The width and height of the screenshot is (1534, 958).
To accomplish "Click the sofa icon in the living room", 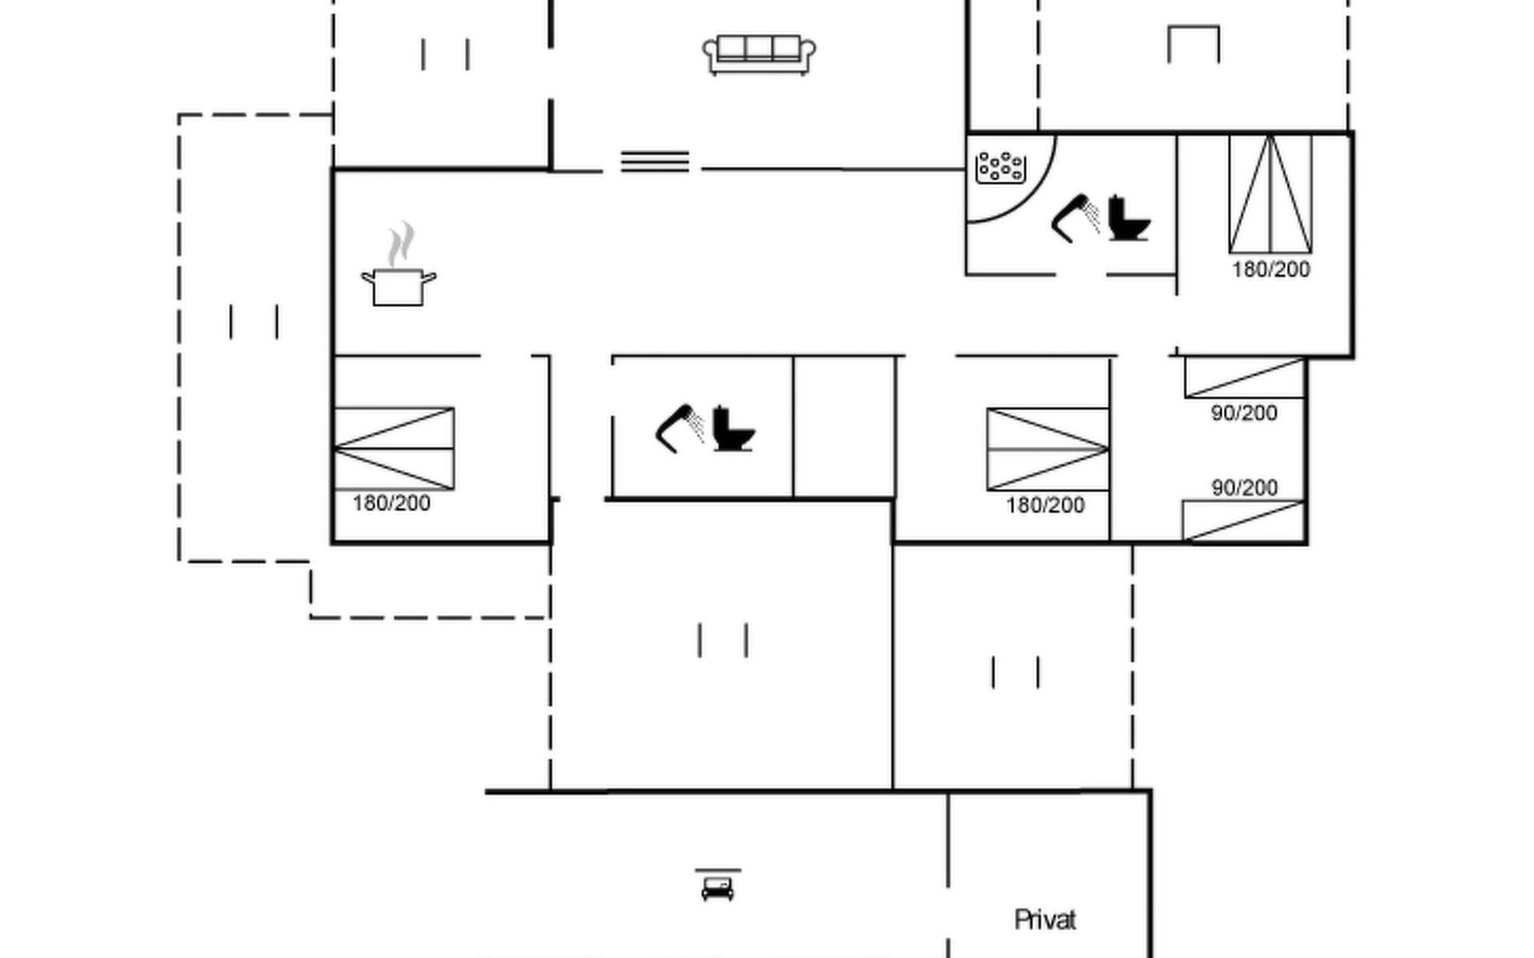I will tap(759, 54).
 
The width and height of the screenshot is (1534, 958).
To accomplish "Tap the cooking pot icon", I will tap(398, 286).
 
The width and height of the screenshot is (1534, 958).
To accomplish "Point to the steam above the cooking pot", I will tap(402, 243).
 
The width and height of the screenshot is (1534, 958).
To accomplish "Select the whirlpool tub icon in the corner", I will tap(1000, 167).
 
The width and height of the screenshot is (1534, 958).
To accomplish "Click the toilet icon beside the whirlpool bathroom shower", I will tap(1128, 218).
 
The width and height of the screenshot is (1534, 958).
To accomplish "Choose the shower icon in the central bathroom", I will tap(679, 430).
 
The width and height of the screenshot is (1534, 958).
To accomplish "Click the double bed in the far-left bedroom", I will tap(394, 449).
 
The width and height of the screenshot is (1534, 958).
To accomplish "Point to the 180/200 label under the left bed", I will tap(391, 504).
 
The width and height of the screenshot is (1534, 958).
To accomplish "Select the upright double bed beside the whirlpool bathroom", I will tap(1270, 195).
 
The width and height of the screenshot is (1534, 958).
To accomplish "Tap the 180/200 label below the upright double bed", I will tap(1271, 270).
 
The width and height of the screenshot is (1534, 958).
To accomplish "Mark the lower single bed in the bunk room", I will tap(1243, 521).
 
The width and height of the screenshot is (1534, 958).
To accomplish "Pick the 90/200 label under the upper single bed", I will tap(1244, 414).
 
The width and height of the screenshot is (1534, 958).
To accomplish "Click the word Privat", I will tap(1045, 920).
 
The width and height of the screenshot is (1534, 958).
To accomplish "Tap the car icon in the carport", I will tap(717, 888).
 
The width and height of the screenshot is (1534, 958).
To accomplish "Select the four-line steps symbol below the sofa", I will tap(654, 161).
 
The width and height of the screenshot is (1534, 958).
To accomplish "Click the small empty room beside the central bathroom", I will tap(844, 428).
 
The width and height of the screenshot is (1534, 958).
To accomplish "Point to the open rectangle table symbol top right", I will tap(1193, 44).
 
